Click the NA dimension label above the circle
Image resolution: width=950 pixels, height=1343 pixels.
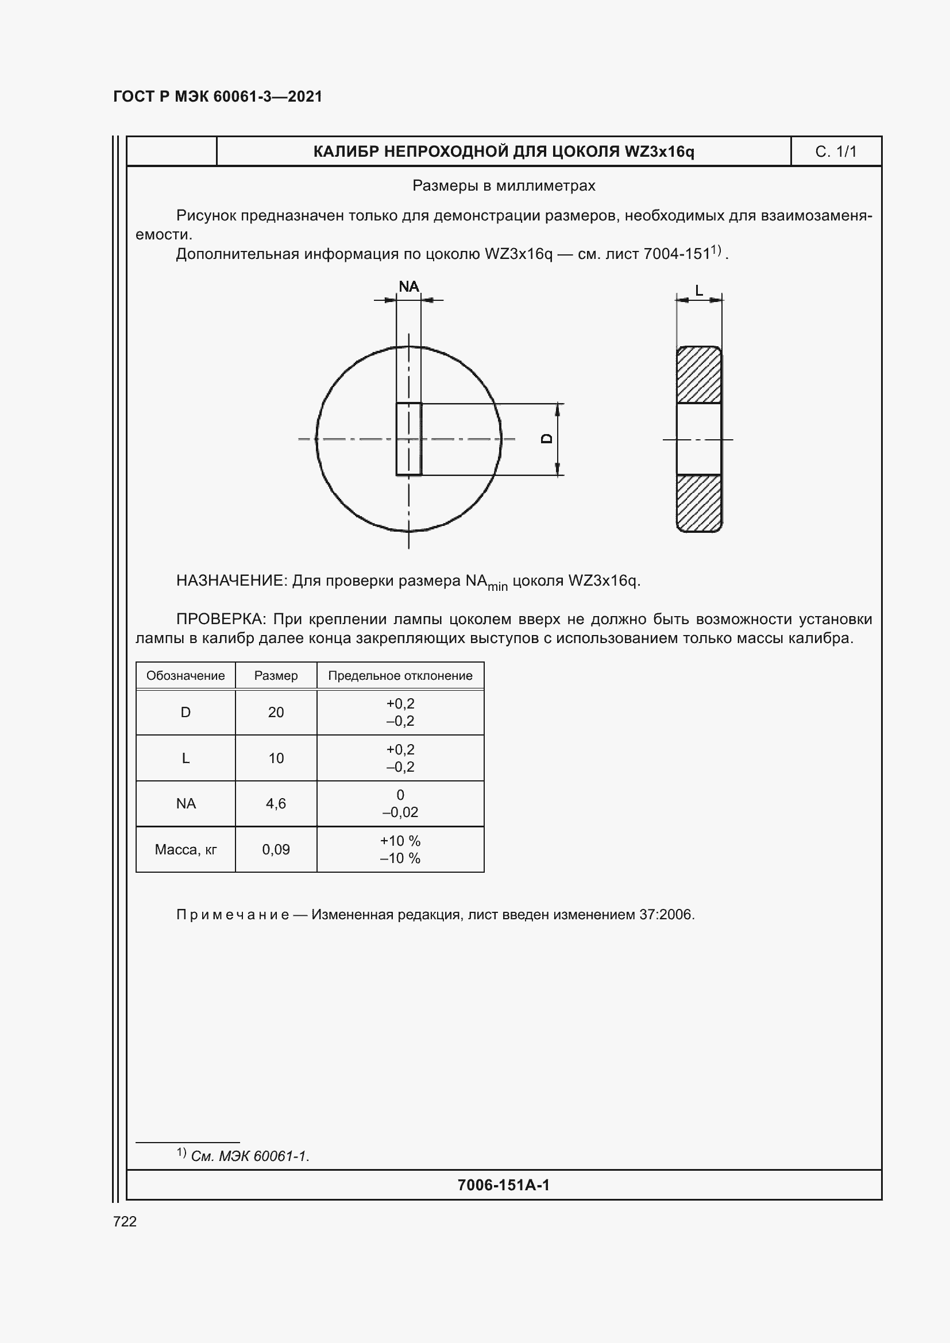coord(409,287)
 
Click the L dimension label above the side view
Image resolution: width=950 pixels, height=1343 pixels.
coord(698,290)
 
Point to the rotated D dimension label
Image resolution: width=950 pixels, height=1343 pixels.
coord(547,438)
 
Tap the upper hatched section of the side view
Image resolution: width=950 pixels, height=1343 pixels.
coord(698,375)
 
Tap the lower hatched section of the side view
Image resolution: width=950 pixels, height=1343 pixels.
coord(698,502)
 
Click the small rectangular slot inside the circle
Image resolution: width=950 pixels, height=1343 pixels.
coord(408,438)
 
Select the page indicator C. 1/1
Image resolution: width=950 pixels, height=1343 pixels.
coord(835,152)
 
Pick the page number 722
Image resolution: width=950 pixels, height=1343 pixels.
coord(125,1222)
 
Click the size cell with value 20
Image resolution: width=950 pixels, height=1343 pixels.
coord(276,713)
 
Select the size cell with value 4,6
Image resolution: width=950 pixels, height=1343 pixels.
coord(276,804)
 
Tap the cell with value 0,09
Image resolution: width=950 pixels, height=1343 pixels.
coord(276,849)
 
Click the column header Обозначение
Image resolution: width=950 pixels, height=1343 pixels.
coord(186,676)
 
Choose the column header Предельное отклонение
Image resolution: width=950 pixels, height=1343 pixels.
coord(400,676)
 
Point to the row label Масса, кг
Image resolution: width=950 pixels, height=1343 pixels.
coord(186,849)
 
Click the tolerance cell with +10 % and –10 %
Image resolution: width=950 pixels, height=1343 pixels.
coord(400,849)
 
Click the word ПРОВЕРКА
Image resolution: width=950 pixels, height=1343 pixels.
coord(221,619)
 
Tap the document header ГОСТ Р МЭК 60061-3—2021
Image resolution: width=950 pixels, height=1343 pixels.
coord(218,96)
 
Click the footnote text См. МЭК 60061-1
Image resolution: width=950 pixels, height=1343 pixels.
coord(250,1156)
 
